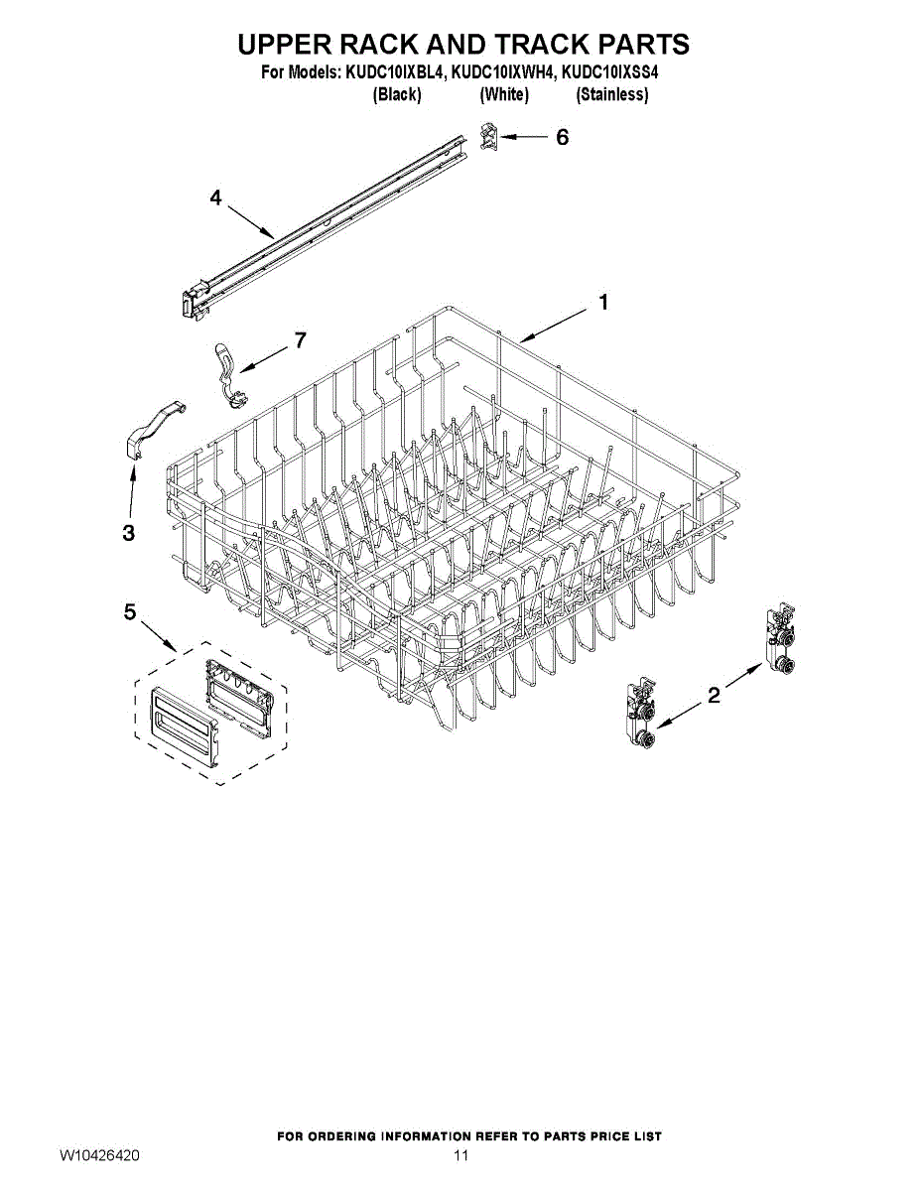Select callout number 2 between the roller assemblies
[713, 697]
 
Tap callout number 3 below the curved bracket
[128, 533]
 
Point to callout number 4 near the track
[215, 198]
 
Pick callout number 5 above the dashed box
[130, 612]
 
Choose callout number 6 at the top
[562, 138]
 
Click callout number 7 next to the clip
[300, 339]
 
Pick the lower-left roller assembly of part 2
[640, 718]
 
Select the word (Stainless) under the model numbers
[612, 95]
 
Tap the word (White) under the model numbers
[504, 95]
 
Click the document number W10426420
[99, 1156]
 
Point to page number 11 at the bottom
[460, 1156]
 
